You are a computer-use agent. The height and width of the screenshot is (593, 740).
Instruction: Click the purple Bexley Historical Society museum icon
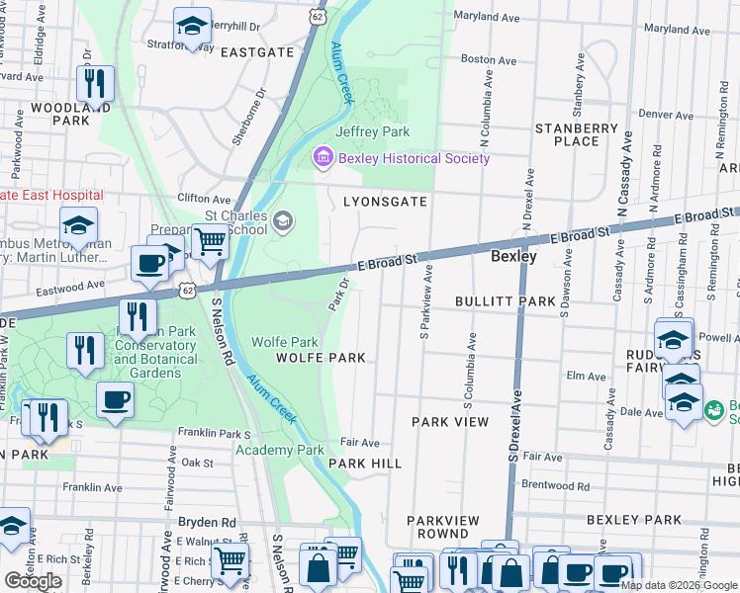click(323, 158)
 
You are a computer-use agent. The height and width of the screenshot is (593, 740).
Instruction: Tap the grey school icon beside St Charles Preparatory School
click(284, 220)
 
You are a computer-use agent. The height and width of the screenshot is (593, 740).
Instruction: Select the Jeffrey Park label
click(372, 131)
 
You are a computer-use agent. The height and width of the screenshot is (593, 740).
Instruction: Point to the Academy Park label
click(280, 450)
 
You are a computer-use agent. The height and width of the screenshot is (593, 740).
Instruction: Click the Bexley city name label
click(514, 256)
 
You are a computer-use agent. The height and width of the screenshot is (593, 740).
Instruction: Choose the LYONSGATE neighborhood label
click(385, 202)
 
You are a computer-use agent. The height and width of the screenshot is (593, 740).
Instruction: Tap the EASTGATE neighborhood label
click(256, 51)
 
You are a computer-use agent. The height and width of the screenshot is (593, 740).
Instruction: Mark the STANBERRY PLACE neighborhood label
click(577, 134)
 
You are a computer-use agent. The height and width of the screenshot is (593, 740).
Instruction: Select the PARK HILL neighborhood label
click(365, 463)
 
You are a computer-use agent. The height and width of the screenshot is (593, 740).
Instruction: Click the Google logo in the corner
click(33, 581)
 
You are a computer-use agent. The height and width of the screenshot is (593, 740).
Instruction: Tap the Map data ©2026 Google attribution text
click(679, 585)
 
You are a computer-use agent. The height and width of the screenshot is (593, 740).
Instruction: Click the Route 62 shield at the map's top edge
click(316, 17)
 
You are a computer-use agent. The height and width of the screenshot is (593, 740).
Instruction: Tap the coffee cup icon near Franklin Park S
click(115, 400)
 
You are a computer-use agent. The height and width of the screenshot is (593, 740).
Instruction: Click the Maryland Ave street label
click(486, 16)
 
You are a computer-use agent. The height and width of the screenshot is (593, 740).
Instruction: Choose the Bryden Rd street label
click(207, 522)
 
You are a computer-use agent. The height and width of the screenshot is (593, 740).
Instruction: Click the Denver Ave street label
click(666, 115)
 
